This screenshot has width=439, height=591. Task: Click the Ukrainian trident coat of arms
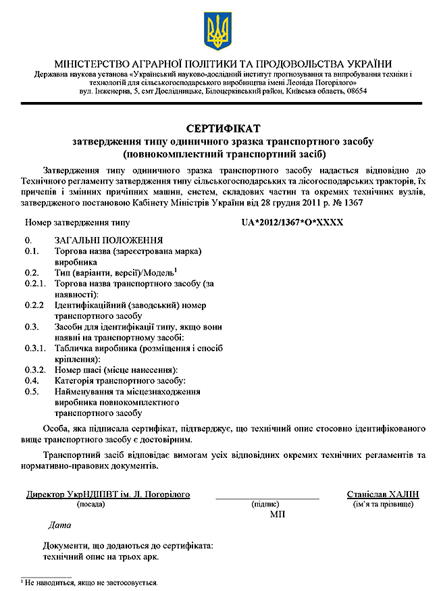pyautogui.click(x=217, y=29)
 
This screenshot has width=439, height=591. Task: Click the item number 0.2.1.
pyautogui.click(x=35, y=284)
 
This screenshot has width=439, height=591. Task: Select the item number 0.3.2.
pyautogui.click(x=35, y=369)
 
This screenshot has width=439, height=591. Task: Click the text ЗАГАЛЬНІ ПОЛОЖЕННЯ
pyautogui.click(x=108, y=240)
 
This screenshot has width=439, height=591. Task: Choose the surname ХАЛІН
pyautogui.click(x=403, y=494)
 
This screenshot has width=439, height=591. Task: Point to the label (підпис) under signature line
pyautogui.click(x=267, y=505)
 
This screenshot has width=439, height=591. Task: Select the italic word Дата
pyautogui.click(x=60, y=525)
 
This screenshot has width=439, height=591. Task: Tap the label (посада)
pyautogui.click(x=90, y=505)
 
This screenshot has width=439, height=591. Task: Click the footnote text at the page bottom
pyautogui.click(x=91, y=582)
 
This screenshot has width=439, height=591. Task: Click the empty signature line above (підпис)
pyautogui.click(x=267, y=498)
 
